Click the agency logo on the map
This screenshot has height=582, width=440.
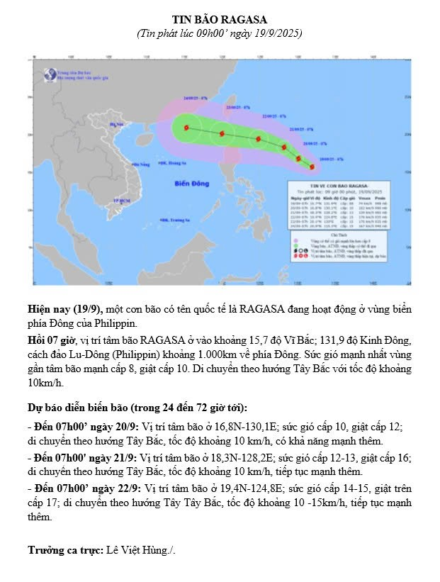coord(50,72)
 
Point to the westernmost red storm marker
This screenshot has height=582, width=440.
coord(186,128)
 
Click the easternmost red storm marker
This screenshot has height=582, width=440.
coord(312,166)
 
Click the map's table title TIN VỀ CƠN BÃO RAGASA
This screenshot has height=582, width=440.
coord(349,185)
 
